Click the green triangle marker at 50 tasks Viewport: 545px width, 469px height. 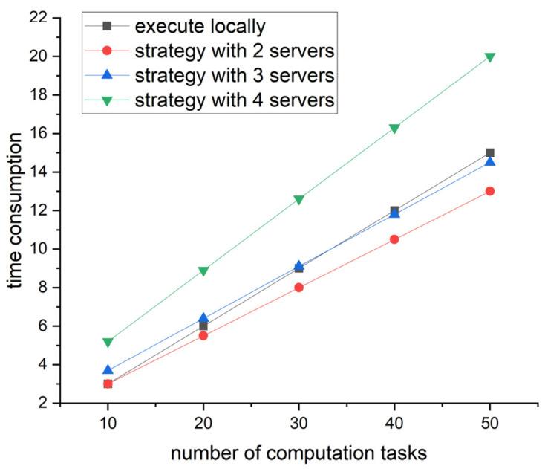tap(490, 57)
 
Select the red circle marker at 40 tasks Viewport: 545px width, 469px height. tap(394, 239)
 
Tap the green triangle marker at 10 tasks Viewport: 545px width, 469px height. tap(108, 343)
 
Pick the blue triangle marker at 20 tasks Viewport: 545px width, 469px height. tap(203, 318)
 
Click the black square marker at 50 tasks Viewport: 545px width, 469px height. tap(490, 152)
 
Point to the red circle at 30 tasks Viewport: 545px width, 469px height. tap(298, 287)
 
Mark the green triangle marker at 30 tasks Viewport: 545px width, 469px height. tap(298, 200)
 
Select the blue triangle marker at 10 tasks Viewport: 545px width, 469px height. tap(108, 369)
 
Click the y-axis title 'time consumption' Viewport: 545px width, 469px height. tap(15, 210)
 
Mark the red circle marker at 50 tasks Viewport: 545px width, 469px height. tap(490, 191)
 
